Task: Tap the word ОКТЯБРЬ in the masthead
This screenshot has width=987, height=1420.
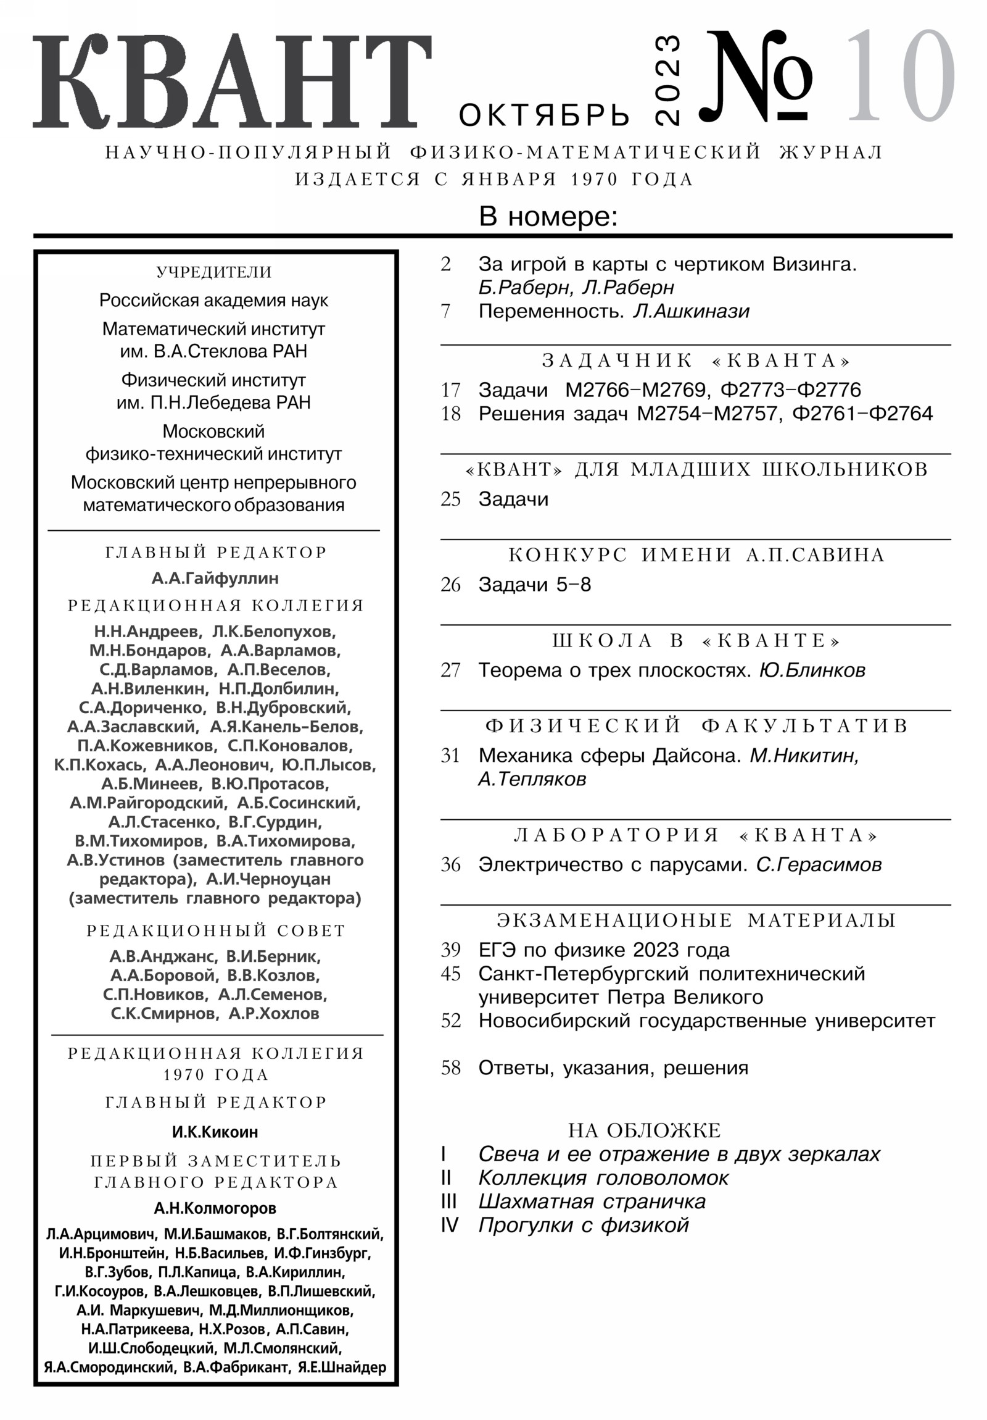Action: (544, 115)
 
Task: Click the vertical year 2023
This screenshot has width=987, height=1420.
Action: (667, 80)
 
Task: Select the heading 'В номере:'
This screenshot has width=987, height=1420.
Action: (548, 217)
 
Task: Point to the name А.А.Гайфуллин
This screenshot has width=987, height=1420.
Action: (215, 578)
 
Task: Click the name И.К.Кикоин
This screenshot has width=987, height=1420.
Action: (215, 1132)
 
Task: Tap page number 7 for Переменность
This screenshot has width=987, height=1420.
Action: (445, 311)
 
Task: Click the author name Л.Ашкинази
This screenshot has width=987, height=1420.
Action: (691, 311)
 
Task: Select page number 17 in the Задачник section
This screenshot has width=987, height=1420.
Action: (450, 390)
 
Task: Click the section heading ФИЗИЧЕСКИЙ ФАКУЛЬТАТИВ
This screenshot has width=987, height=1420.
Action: (696, 725)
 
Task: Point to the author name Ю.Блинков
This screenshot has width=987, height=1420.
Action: (812, 670)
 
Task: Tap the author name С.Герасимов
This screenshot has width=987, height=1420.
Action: (819, 864)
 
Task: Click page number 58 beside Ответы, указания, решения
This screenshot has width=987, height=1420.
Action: (450, 1068)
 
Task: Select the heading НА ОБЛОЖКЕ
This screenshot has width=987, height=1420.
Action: (645, 1130)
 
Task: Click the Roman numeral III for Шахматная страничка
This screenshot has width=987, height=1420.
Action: (448, 1201)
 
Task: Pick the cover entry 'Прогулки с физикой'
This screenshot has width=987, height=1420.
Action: (584, 1225)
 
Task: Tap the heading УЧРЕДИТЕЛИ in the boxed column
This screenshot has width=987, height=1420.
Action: (214, 272)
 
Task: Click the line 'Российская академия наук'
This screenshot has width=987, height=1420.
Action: (214, 301)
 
